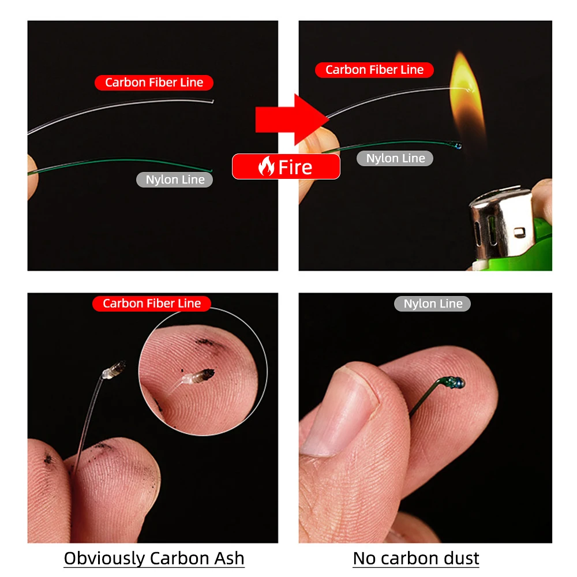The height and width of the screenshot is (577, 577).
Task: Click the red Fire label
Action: pos(286,167)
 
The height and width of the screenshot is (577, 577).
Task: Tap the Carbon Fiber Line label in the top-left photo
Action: pos(154,83)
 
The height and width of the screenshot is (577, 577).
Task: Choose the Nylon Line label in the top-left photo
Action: pos(175,179)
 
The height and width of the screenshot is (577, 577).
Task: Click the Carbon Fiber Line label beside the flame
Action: pos(374,70)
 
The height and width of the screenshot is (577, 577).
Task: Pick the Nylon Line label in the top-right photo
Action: pos(395,158)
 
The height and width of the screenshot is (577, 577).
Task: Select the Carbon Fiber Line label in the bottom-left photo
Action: pos(152,304)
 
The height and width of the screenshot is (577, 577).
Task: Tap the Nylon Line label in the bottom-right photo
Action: pos(433,304)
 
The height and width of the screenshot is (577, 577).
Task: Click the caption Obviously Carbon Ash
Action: pos(154,558)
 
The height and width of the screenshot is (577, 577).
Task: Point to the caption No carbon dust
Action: pos(416,558)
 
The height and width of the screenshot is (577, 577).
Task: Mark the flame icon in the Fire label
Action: pos(266,167)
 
